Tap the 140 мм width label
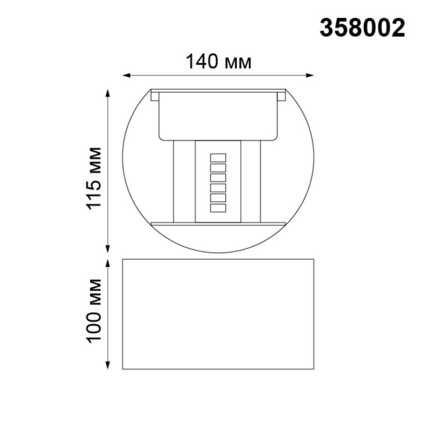click(218, 61)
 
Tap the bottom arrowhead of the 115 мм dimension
click(108, 249)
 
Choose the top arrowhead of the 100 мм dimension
click(108, 263)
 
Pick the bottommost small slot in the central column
click(217, 208)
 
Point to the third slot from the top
click(217, 177)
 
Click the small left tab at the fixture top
click(155, 96)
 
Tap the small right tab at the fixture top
click(281, 95)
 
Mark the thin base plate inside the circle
click(218, 223)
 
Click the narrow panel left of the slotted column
click(184, 180)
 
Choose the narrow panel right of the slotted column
click(250, 180)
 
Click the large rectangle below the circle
click(218, 314)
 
